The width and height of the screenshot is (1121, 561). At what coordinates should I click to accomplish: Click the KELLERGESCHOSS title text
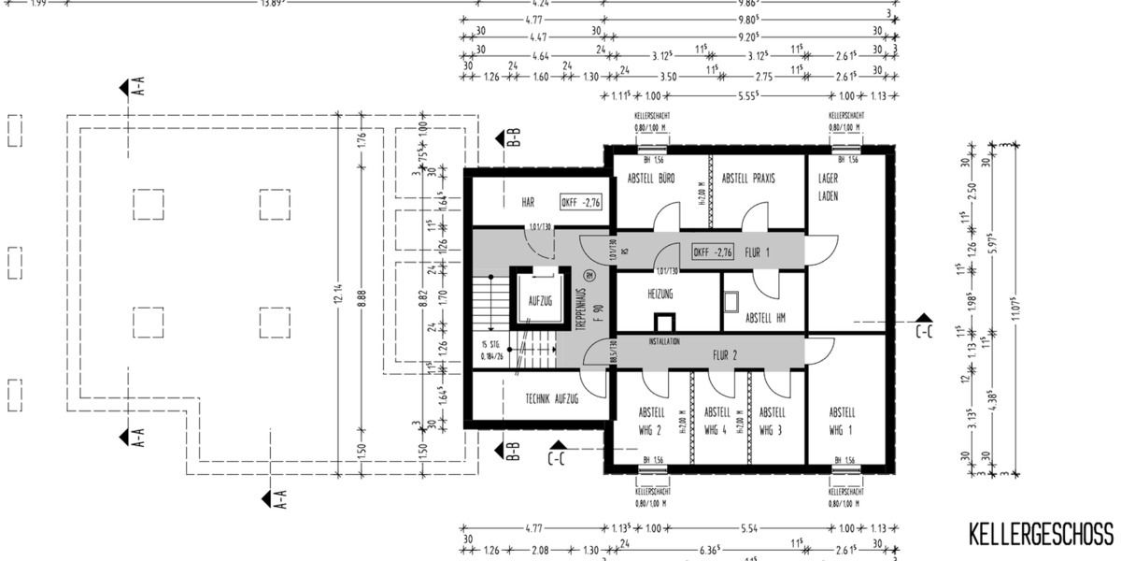pos(1041,534)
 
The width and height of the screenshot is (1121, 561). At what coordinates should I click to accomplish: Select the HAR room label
pos(527,202)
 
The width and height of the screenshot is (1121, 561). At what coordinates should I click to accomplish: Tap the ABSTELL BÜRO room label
pos(651,178)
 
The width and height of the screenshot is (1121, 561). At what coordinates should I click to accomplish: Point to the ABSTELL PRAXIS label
pos(748,178)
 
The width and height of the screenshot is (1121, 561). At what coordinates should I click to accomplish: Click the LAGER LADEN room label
pos(829,187)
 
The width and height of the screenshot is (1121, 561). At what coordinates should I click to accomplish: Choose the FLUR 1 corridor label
pos(757,252)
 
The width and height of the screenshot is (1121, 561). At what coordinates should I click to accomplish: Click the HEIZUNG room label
pos(660,294)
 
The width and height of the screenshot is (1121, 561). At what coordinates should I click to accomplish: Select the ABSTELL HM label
pos(765,319)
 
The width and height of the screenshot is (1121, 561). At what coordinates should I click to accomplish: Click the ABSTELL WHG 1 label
pos(842,421)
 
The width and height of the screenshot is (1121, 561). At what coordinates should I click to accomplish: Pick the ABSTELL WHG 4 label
pos(717,421)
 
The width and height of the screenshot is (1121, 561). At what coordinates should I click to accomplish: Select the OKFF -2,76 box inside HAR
pos(581,202)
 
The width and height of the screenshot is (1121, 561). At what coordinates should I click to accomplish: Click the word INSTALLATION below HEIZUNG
pos(669,342)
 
